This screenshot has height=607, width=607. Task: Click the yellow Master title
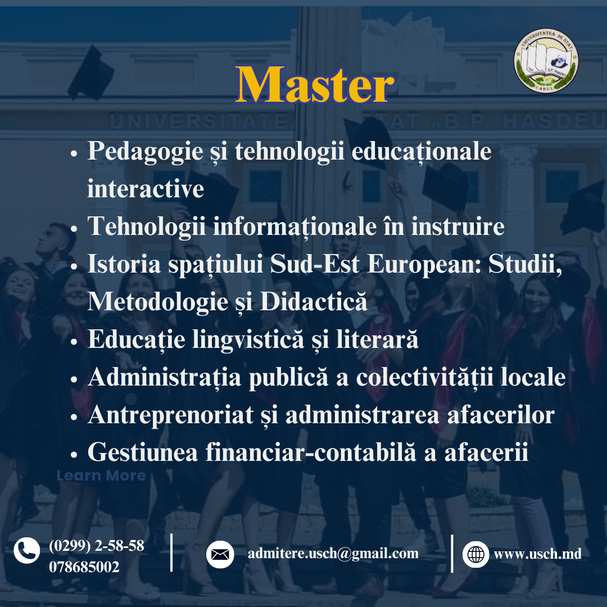pyautogui.click(x=315, y=85)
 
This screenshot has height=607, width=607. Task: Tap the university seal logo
pyautogui.click(x=546, y=61)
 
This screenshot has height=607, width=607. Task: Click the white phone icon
pyautogui.click(x=27, y=550)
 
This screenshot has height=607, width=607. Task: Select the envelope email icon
pyautogui.click(x=220, y=554)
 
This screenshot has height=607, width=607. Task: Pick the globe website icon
pyautogui.click(x=476, y=554)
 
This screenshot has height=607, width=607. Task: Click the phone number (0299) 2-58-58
pyautogui.click(x=97, y=545)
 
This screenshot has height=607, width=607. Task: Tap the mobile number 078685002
pyautogui.click(x=84, y=567)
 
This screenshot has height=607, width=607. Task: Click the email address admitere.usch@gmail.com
pyautogui.click(x=333, y=554)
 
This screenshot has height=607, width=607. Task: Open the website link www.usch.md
pyautogui.click(x=537, y=554)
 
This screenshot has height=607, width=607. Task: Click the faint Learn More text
pyautogui.click(x=101, y=475)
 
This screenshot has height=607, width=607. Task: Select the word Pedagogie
pyautogui.click(x=146, y=151)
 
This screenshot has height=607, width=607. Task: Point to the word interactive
pyautogui.click(x=146, y=188)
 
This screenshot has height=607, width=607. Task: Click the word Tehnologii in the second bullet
pyautogui.click(x=146, y=227)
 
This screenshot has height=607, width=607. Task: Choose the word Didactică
pyautogui.click(x=314, y=301)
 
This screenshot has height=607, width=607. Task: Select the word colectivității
pyautogui.click(x=425, y=377)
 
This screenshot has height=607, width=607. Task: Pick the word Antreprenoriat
pyautogui.click(x=171, y=415)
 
